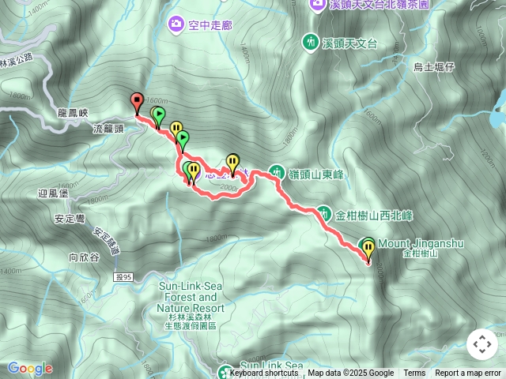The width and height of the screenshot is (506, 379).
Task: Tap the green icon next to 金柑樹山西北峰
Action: (x=325, y=212)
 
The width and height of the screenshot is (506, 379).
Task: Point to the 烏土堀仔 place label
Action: (x=434, y=68)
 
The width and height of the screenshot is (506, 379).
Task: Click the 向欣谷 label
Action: (x=84, y=257)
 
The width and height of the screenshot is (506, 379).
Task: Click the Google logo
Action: (x=29, y=368)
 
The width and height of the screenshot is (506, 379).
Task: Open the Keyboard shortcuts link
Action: (x=264, y=373)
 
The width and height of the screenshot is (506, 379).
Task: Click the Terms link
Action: (x=414, y=373)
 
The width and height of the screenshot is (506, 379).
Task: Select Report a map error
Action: (x=468, y=373)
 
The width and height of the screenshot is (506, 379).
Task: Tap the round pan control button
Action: (x=482, y=344)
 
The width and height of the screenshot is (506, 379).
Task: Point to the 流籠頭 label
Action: (x=108, y=128)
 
